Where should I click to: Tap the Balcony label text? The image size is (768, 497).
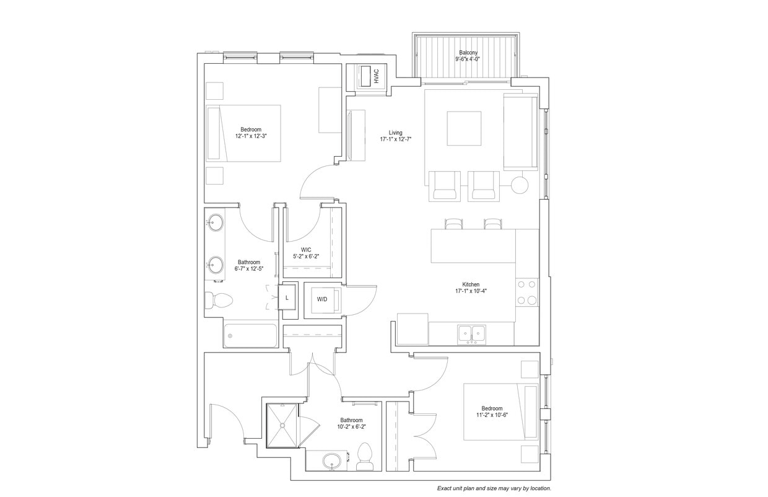(468, 53)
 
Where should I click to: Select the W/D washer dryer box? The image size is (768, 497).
(323, 299)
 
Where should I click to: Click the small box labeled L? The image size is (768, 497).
(287, 297)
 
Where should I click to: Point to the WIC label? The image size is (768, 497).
(306, 250)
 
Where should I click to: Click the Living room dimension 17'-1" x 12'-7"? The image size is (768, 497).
(396, 140)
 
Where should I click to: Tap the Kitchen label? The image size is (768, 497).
(471, 284)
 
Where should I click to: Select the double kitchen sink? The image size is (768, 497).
(471, 333)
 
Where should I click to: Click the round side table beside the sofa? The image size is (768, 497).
(520, 185)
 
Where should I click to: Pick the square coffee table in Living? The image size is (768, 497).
(465, 128)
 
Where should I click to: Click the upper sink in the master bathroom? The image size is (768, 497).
(216, 222)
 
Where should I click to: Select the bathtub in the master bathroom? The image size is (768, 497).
(251, 335)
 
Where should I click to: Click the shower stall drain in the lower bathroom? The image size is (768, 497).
(282, 425)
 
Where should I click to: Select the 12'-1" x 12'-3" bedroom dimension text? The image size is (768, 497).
(251, 136)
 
